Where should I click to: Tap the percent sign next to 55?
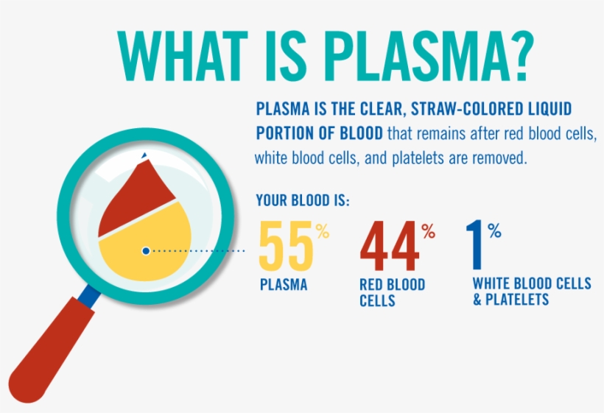(x=322, y=231)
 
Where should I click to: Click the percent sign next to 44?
(x=428, y=231)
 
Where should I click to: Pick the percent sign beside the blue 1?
(x=494, y=231)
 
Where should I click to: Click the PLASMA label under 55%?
(x=284, y=285)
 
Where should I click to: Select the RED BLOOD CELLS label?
(x=392, y=292)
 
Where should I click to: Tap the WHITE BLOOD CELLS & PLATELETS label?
(x=531, y=292)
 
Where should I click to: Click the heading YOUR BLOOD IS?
(x=302, y=200)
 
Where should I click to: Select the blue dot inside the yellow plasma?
(x=146, y=251)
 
